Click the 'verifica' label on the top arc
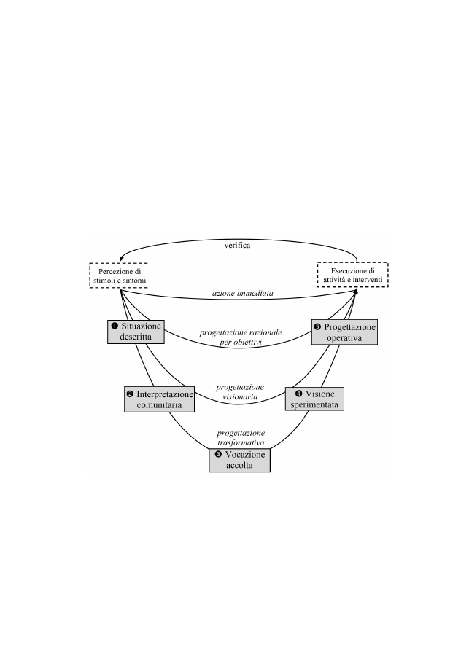(237, 246)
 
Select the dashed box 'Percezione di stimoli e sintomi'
(120, 275)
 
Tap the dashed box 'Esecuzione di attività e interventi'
(352, 275)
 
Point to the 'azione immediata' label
(242, 293)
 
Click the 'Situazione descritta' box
(136, 332)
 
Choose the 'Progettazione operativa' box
(344, 332)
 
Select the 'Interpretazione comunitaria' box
(160, 399)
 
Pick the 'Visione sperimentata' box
(314, 399)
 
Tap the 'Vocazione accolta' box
(239, 460)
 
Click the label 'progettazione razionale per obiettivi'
(241, 337)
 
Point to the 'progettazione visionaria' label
(240, 391)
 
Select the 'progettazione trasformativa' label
(241, 437)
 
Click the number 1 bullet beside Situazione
(114, 326)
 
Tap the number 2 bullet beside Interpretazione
(131, 394)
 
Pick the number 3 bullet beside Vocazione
(219, 455)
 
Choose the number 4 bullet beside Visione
(299, 394)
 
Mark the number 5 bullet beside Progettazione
(318, 326)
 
